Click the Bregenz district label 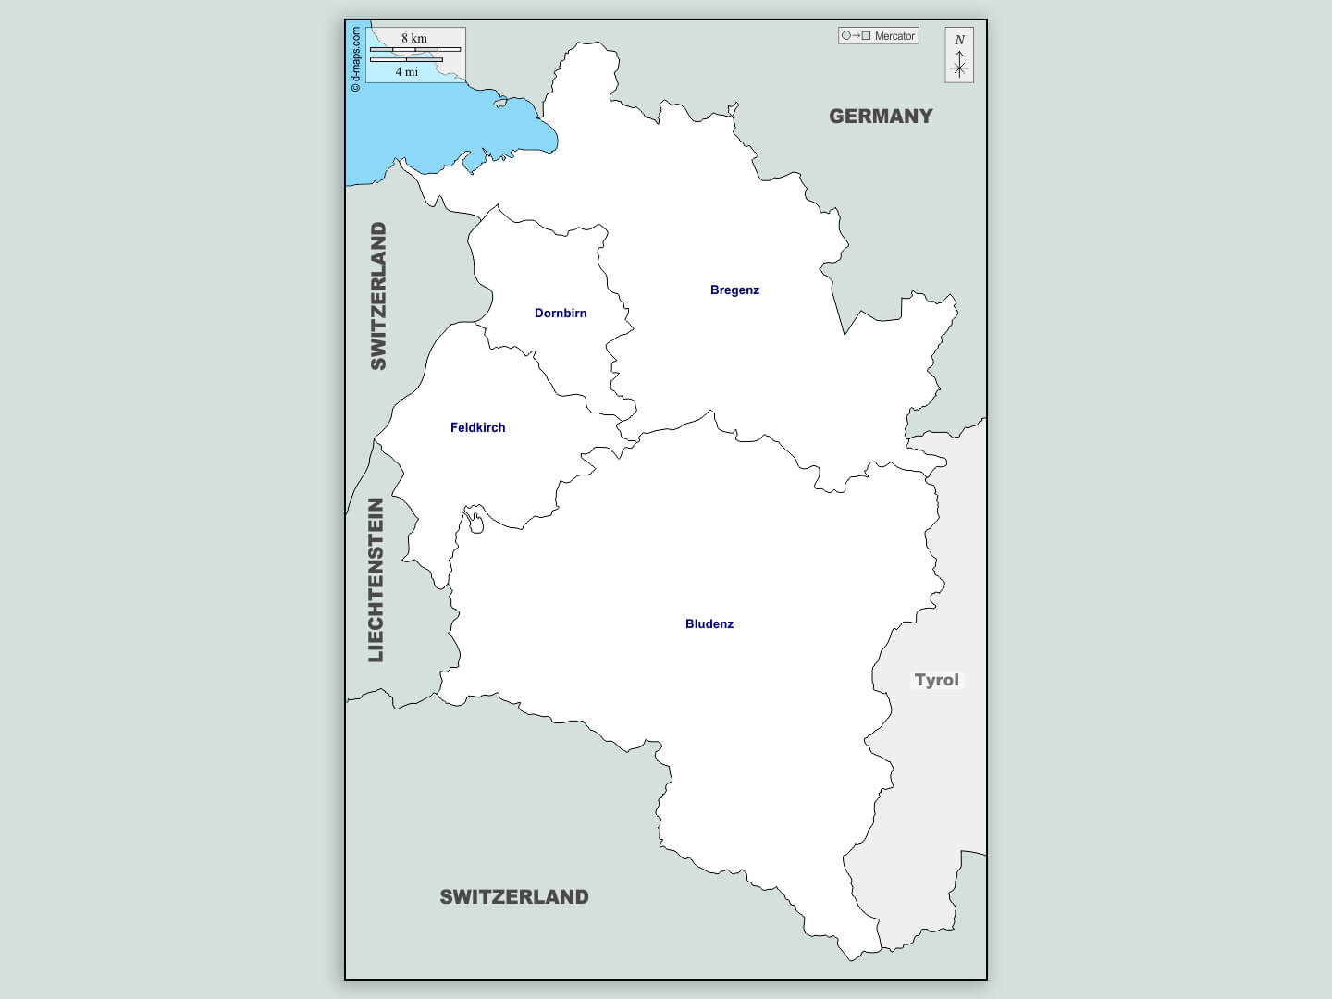tap(734, 290)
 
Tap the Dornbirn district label tap(561, 314)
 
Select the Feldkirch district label tap(477, 428)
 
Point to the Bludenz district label tap(709, 624)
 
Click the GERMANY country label tap(881, 117)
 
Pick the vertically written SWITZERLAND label tap(378, 296)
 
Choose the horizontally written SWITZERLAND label tap(513, 897)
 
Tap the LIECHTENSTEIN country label tap(376, 580)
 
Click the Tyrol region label tap(936, 680)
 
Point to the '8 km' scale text tap(414, 38)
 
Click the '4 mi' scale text tap(407, 72)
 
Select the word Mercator tap(894, 36)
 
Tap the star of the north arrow tap(959, 68)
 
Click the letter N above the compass tap(959, 40)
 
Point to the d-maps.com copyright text tap(356, 59)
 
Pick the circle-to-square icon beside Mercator tap(856, 36)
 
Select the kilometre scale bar tap(415, 49)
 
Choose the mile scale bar tap(406, 60)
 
